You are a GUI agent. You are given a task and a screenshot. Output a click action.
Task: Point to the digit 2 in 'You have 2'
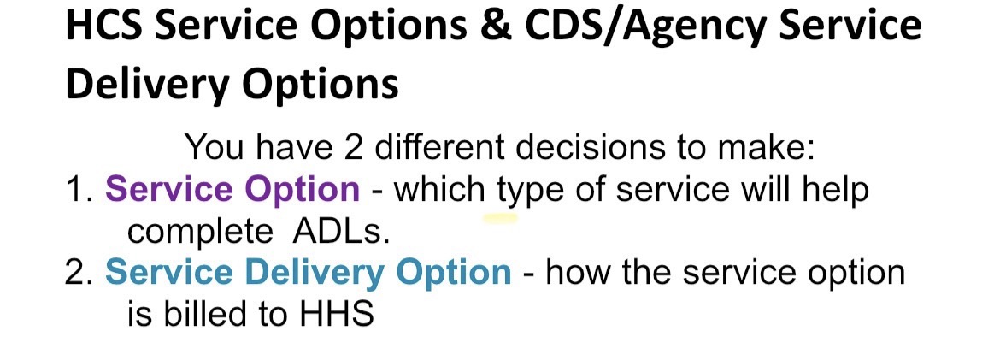point(353,147)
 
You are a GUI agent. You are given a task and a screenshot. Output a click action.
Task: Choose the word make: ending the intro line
point(767,147)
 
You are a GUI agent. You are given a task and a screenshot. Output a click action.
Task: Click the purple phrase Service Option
point(232,190)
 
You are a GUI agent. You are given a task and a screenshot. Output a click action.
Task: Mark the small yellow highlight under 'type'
point(500,218)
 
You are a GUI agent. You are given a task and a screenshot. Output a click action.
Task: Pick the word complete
point(200,233)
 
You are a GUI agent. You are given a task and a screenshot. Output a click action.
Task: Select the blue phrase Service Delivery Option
point(308,273)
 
